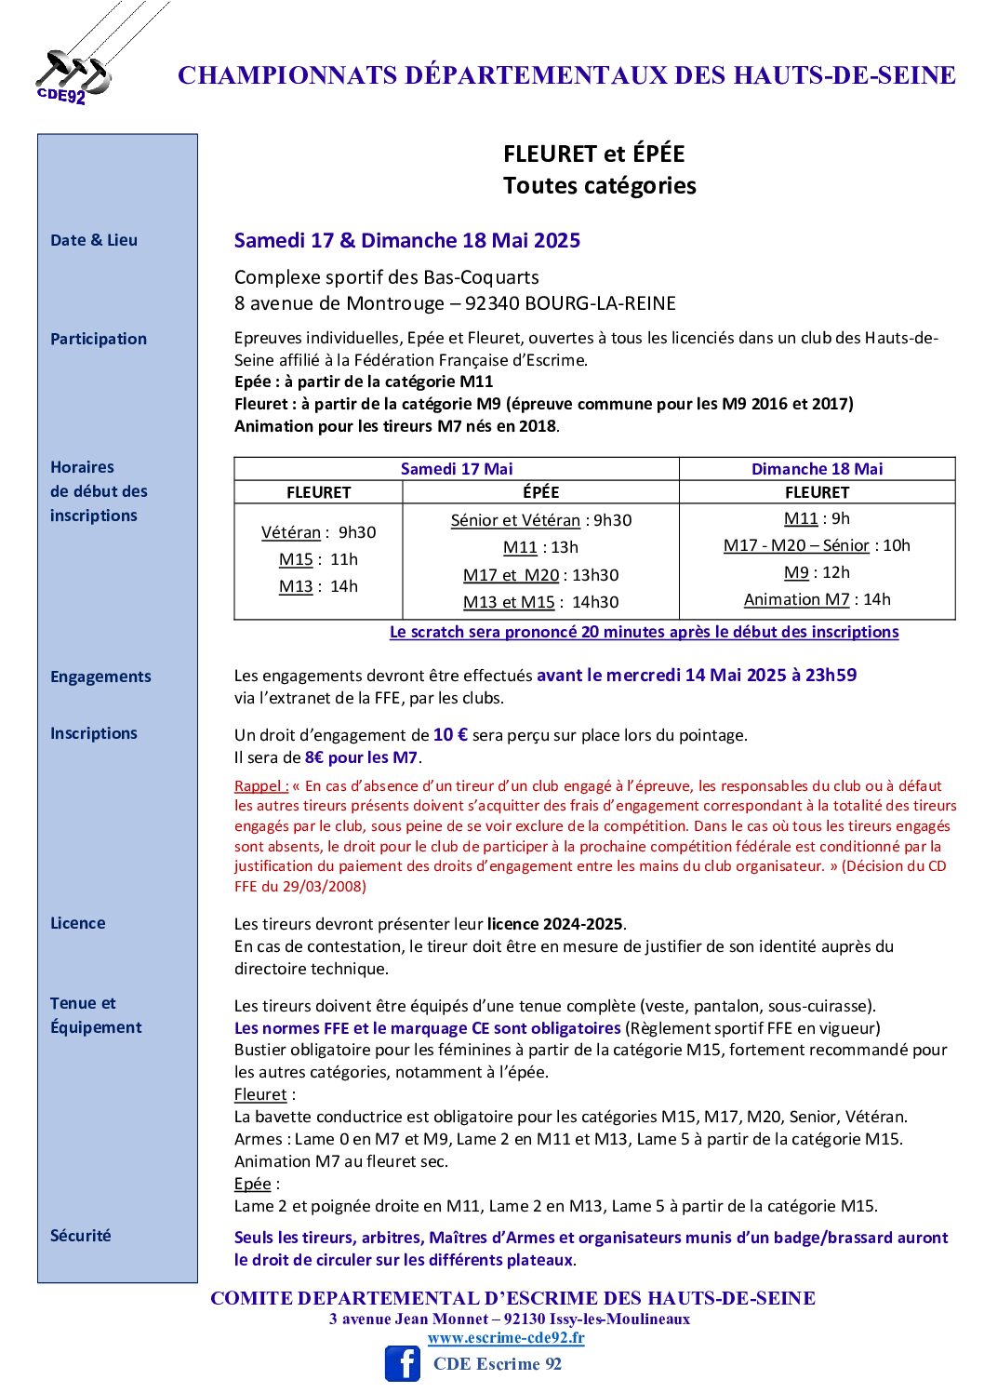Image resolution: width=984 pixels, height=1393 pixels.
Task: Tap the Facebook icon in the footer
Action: [403, 1363]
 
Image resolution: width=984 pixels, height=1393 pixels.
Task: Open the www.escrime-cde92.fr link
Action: [506, 1338]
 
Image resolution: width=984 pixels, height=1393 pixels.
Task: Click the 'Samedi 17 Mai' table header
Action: [457, 469]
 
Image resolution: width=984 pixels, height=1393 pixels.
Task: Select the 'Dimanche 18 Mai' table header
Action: [817, 469]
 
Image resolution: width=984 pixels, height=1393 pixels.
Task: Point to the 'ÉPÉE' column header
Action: [540, 492]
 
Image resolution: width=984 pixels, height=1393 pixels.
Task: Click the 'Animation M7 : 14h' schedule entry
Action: [817, 599]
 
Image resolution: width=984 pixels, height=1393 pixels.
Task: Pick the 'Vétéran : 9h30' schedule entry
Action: [318, 532]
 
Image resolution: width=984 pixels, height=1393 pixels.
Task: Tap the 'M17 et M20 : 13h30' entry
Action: [540, 575]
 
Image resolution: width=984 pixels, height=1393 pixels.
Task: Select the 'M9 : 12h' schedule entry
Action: [817, 572]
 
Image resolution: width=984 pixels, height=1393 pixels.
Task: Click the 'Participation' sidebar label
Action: [99, 339]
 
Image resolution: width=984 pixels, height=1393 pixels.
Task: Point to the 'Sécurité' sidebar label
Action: [80, 1236]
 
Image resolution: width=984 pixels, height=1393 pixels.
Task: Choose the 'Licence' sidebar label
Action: [78, 923]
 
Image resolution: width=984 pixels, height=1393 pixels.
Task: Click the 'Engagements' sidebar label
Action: [100, 676]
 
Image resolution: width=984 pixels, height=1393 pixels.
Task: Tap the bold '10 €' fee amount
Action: [450, 734]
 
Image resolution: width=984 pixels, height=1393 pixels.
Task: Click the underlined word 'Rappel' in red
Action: [259, 786]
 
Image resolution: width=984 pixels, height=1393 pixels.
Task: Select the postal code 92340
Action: [492, 303]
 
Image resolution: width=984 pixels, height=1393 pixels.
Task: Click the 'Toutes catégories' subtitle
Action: [600, 185]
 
